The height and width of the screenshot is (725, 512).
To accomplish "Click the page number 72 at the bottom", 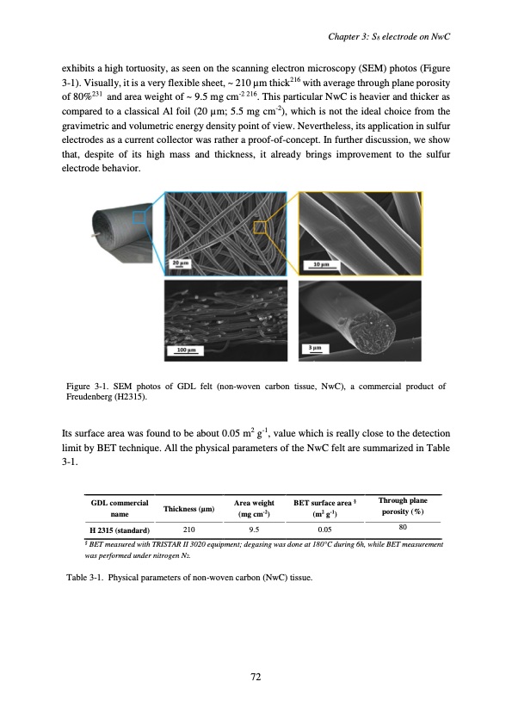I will tap(256, 677).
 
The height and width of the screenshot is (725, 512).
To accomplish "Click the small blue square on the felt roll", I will tap(138, 219).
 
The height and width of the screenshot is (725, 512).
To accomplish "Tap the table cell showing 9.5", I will tap(254, 530).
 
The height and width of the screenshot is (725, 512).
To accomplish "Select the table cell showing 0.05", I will tap(324, 530).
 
